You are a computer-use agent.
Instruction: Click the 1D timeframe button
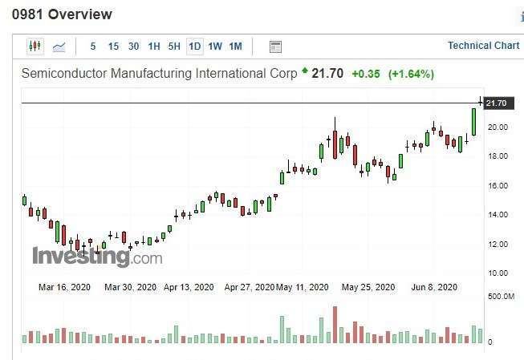tap(195, 47)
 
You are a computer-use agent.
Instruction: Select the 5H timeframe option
tap(174, 47)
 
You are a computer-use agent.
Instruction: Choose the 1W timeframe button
tap(215, 47)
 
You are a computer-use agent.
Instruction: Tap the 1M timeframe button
tap(235, 47)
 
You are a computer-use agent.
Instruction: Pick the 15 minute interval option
tap(113, 47)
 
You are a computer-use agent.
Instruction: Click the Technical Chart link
tap(483, 46)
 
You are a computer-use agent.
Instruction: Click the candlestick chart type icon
tap(35, 47)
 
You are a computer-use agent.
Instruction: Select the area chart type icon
tap(59, 47)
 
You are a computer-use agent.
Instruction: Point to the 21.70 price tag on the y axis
tap(497, 103)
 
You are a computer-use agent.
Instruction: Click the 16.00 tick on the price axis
tap(497, 185)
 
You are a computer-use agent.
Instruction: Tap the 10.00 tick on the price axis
tap(497, 273)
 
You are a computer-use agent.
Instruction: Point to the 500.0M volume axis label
tap(501, 297)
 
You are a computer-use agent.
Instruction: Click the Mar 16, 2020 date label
tap(65, 287)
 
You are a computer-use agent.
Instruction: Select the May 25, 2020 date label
tap(368, 287)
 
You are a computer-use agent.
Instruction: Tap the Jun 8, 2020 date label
tap(433, 287)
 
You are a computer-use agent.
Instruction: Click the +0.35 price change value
tap(366, 74)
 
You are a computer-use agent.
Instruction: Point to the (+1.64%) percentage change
tap(411, 74)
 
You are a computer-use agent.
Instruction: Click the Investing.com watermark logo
tap(97, 257)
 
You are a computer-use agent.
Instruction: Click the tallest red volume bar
tap(335, 325)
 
